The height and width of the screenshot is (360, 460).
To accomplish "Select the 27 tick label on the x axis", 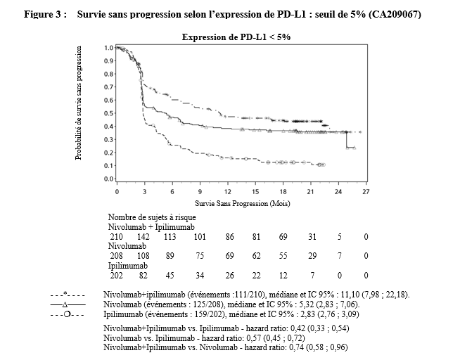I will pyautogui.click(x=366, y=191).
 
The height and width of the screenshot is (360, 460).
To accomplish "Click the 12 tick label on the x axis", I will pyautogui.click(x=227, y=191).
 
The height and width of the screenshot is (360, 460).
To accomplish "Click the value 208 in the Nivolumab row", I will pyautogui.click(x=116, y=256).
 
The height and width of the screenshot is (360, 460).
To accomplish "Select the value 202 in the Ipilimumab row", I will pyautogui.click(x=116, y=275).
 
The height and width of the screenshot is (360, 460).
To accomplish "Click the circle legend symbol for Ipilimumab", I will pyautogui.click(x=68, y=315).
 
